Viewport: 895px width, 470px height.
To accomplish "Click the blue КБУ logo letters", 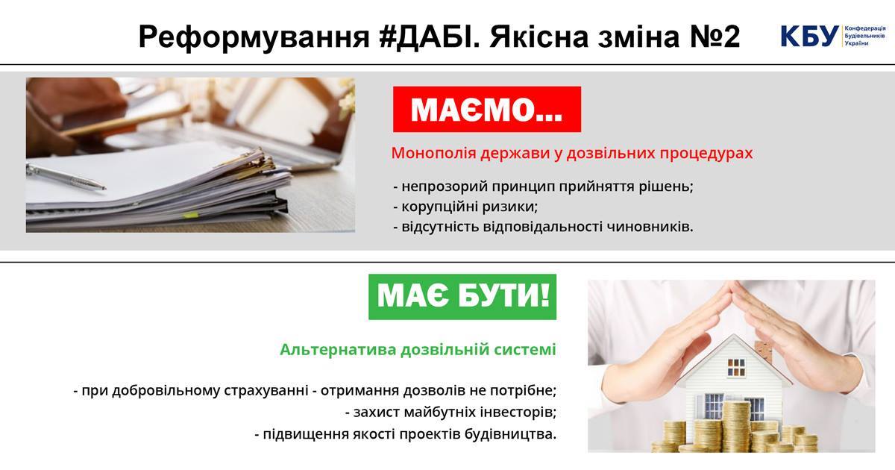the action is click(x=809, y=37).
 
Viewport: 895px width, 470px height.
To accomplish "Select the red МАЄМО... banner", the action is click(x=486, y=109).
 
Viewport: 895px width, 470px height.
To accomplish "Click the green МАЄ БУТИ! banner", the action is click(x=462, y=297).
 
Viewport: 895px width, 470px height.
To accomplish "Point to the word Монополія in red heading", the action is click(x=433, y=153).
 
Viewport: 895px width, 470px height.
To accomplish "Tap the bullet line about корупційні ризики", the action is click(x=466, y=207).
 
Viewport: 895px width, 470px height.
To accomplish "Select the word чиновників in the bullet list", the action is click(x=650, y=227).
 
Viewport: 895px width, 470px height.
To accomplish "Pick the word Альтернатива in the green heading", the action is click(x=338, y=349).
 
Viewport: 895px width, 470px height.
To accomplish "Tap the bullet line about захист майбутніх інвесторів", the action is click(x=450, y=412).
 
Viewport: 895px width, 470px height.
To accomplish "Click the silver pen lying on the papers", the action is click(x=66, y=177).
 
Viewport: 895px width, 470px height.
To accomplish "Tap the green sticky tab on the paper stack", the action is click(x=191, y=215).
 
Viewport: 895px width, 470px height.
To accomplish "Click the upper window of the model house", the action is click(x=736, y=367).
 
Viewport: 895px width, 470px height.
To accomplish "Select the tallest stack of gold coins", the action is click(x=736, y=425).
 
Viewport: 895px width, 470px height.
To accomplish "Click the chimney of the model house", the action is click(x=762, y=350).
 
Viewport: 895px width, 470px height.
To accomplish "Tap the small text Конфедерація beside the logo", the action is click(x=865, y=29).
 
